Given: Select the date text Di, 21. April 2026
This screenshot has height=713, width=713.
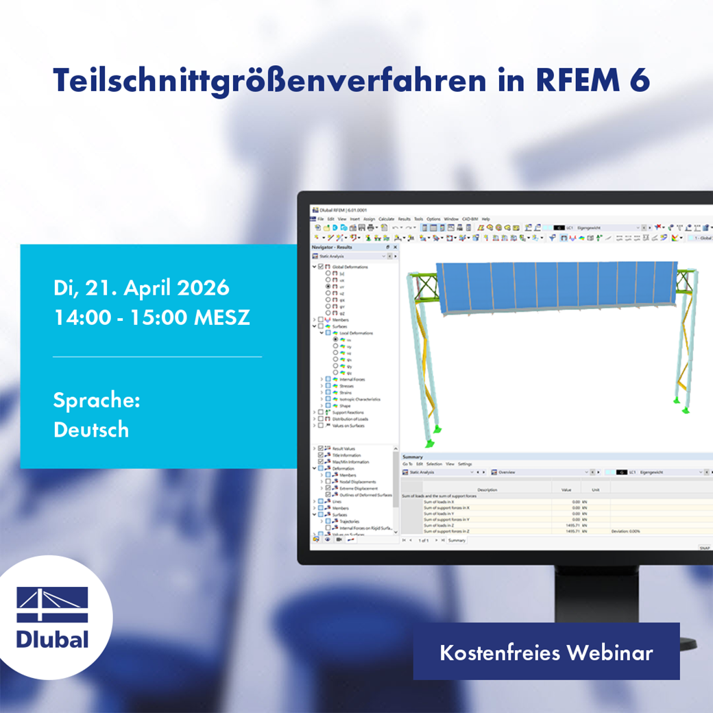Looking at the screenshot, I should [141, 287].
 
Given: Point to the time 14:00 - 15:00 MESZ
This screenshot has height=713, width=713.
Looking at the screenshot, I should [152, 318].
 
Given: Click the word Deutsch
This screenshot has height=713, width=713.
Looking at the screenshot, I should [91, 430].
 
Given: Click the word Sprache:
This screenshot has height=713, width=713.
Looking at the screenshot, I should [97, 400].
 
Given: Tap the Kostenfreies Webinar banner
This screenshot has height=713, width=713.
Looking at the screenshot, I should [546, 652].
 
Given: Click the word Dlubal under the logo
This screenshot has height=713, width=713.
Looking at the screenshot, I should [52, 638].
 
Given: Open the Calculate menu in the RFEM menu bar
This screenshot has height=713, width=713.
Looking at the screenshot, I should [387, 219].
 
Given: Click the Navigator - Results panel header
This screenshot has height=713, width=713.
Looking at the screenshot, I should [332, 247].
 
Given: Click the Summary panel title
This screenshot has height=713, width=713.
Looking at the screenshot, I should [413, 457].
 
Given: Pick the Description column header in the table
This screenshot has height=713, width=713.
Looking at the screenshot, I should [487, 490].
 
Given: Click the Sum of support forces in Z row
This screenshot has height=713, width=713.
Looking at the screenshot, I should [447, 531].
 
